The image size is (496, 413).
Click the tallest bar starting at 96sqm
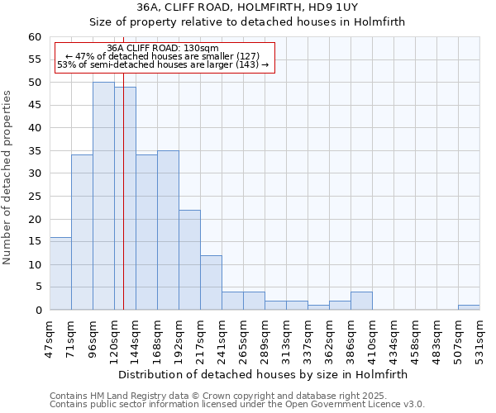tap(103, 196)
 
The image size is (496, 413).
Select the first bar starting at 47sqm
tap(60, 273)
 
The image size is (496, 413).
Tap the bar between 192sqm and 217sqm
tap(189, 259)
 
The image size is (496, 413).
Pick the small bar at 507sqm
tap(469, 307)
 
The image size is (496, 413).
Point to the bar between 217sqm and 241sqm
tap(211, 282)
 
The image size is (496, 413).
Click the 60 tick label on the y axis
tap(34, 37)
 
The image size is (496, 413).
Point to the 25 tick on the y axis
tap(34, 197)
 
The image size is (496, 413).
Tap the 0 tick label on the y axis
tap(37, 311)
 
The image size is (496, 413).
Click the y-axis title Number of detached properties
tap(8, 178)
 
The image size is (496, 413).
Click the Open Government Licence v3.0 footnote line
tap(237, 404)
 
